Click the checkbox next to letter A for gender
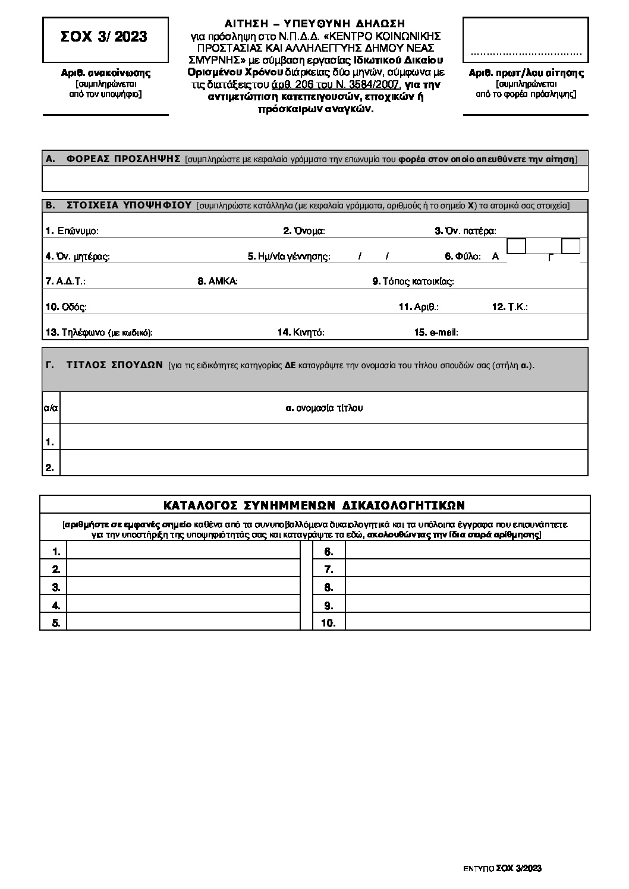[x=516, y=246]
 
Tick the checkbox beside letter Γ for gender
[x=571, y=246]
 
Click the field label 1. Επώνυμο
[x=72, y=231]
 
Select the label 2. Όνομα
[x=304, y=231]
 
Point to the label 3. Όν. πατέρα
[x=466, y=231]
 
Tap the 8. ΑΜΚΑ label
[x=218, y=281]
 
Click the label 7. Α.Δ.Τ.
[x=70, y=281]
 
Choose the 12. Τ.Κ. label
[x=510, y=307]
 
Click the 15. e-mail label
[x=436, y=333]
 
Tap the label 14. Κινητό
[x=301, y=333]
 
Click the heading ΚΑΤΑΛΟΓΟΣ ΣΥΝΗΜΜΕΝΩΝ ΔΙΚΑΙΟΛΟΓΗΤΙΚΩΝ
[x=314, y=505]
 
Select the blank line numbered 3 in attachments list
[x=183, y=587]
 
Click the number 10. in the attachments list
[x=328, y=623]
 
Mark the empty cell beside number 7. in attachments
[x=467, y=570]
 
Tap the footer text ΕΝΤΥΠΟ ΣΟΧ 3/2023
[x=502, y=868]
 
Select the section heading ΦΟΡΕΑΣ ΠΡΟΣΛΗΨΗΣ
[x=124, y=159]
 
